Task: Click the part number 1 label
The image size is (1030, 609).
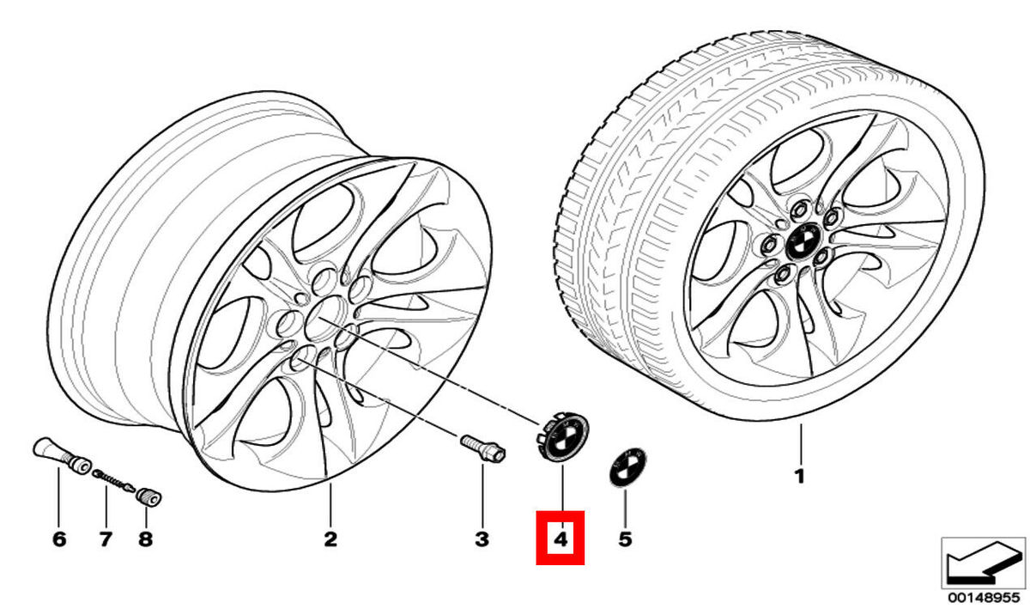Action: (x=799, y=475)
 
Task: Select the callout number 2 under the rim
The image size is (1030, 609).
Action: (x=330, y=539)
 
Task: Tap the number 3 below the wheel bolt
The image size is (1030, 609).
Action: (x=482, y=539)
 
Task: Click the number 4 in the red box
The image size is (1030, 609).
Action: (x=560, y=539)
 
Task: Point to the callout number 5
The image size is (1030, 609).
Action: (x=625, y=539)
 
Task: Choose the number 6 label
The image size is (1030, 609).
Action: (x=58, y=539)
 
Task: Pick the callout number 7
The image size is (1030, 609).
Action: (x=105, y=539)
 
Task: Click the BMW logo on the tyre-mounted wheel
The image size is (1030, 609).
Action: (x=804, y=241)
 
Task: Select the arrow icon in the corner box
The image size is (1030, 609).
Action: (x=979, y=563)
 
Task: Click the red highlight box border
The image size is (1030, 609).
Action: (x=537, y=539)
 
